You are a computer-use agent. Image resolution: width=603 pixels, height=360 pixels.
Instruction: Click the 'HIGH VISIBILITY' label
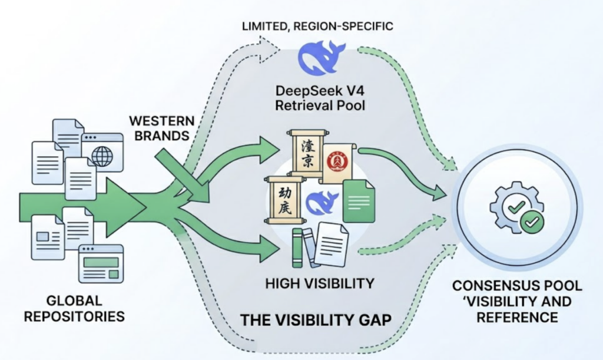click(319, 283)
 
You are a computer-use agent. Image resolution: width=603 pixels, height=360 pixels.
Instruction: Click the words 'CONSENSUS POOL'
click(517, 286)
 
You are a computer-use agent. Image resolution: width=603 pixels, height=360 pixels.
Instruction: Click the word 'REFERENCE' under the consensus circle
click(517, 318)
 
